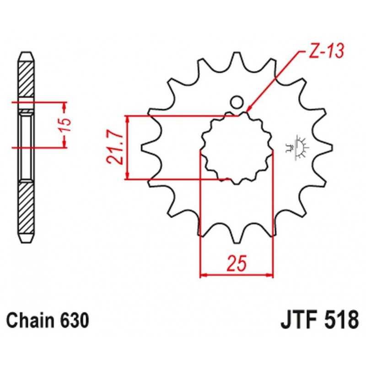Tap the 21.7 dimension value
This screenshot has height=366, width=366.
tap(114, 147)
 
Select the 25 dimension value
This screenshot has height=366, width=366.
tap(237, 264)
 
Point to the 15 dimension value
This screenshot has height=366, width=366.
tap(66, 125)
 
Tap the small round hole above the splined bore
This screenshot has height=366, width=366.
tap(237, 102)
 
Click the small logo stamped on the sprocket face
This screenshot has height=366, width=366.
tap(297, 147)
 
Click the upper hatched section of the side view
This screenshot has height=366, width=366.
tap(26, 79)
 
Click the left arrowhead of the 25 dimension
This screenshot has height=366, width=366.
tap(204, 275)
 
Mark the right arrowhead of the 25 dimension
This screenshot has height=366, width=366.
tap(269, 275)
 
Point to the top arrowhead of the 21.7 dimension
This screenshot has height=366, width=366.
tap(127, 119)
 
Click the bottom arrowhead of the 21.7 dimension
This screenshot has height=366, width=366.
tap(127, 176)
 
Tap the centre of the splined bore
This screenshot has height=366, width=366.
tap(237, 148)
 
